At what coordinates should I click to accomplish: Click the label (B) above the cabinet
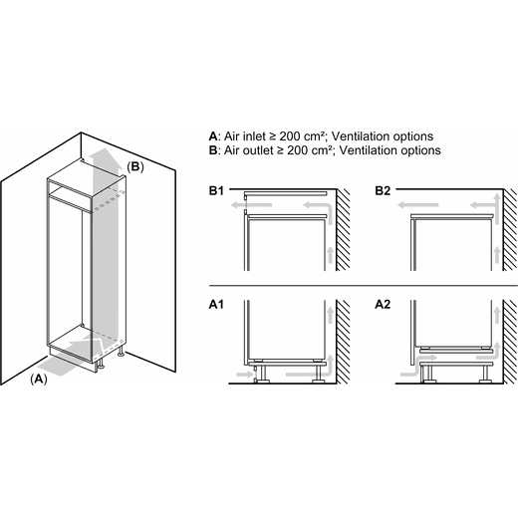tap(135, 166)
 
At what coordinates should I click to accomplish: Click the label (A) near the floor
tap(39, 379)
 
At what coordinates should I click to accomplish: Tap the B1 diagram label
tap(216, 191)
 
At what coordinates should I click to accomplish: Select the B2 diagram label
tap(383, 191)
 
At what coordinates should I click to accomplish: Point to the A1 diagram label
tap(216, 304)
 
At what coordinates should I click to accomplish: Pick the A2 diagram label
tap(383, 304)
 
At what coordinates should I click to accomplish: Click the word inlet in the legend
tap(254, 136)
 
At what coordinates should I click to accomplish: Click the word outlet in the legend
tap(258, 150)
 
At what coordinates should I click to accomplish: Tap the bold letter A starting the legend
tap(213, 136)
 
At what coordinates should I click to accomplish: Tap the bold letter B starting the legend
tap(213, 150)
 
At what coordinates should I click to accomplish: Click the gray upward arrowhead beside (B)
tap(106, 155)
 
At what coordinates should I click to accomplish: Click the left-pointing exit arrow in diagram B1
tap(251, 205)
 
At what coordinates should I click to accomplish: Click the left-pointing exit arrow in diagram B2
tap(418, 205)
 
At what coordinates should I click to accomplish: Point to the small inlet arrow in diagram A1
tap(245, 375)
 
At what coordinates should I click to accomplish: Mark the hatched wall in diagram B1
tap(343, 230)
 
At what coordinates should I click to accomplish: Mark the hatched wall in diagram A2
tap(510, 342)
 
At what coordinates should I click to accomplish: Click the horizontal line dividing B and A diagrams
tap(363, 285)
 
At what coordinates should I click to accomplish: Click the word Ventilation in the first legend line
tap(361, 136)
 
